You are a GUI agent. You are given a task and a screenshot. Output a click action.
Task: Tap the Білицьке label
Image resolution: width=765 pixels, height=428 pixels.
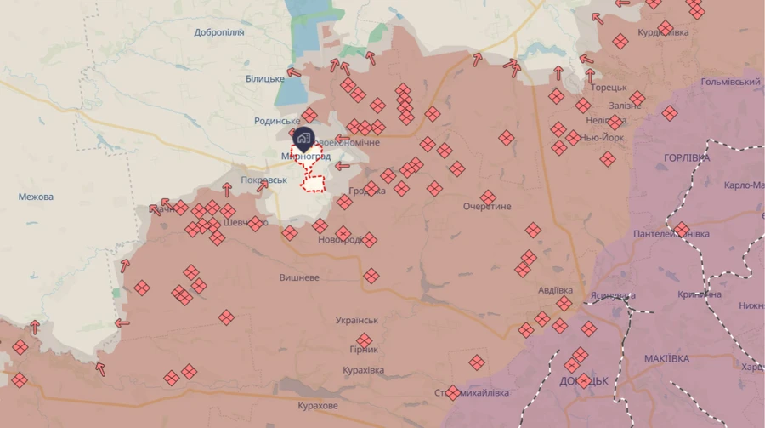tap(265, 79)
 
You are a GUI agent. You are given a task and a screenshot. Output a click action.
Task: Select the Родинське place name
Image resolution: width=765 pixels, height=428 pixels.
tap(277, 122)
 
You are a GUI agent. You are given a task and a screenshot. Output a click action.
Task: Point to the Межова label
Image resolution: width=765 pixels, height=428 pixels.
tap(36, 197)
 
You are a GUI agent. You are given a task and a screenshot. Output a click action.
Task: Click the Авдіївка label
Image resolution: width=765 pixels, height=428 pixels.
tap(561, 290)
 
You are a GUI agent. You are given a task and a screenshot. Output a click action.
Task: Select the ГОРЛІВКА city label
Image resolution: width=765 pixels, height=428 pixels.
tap(687, 158)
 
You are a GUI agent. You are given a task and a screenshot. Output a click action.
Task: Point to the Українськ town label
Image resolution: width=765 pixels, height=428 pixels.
tap(357, 320)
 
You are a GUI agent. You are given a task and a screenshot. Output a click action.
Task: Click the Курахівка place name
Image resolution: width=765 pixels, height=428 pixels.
tap(364, 371)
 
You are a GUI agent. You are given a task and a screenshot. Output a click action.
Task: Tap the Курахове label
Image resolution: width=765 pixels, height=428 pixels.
tap(318, 406)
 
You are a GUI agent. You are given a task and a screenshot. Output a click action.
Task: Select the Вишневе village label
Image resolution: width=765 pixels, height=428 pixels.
tap(299, 277)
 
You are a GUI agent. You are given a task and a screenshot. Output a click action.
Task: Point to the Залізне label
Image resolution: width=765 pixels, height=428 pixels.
tap(626, 106)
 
